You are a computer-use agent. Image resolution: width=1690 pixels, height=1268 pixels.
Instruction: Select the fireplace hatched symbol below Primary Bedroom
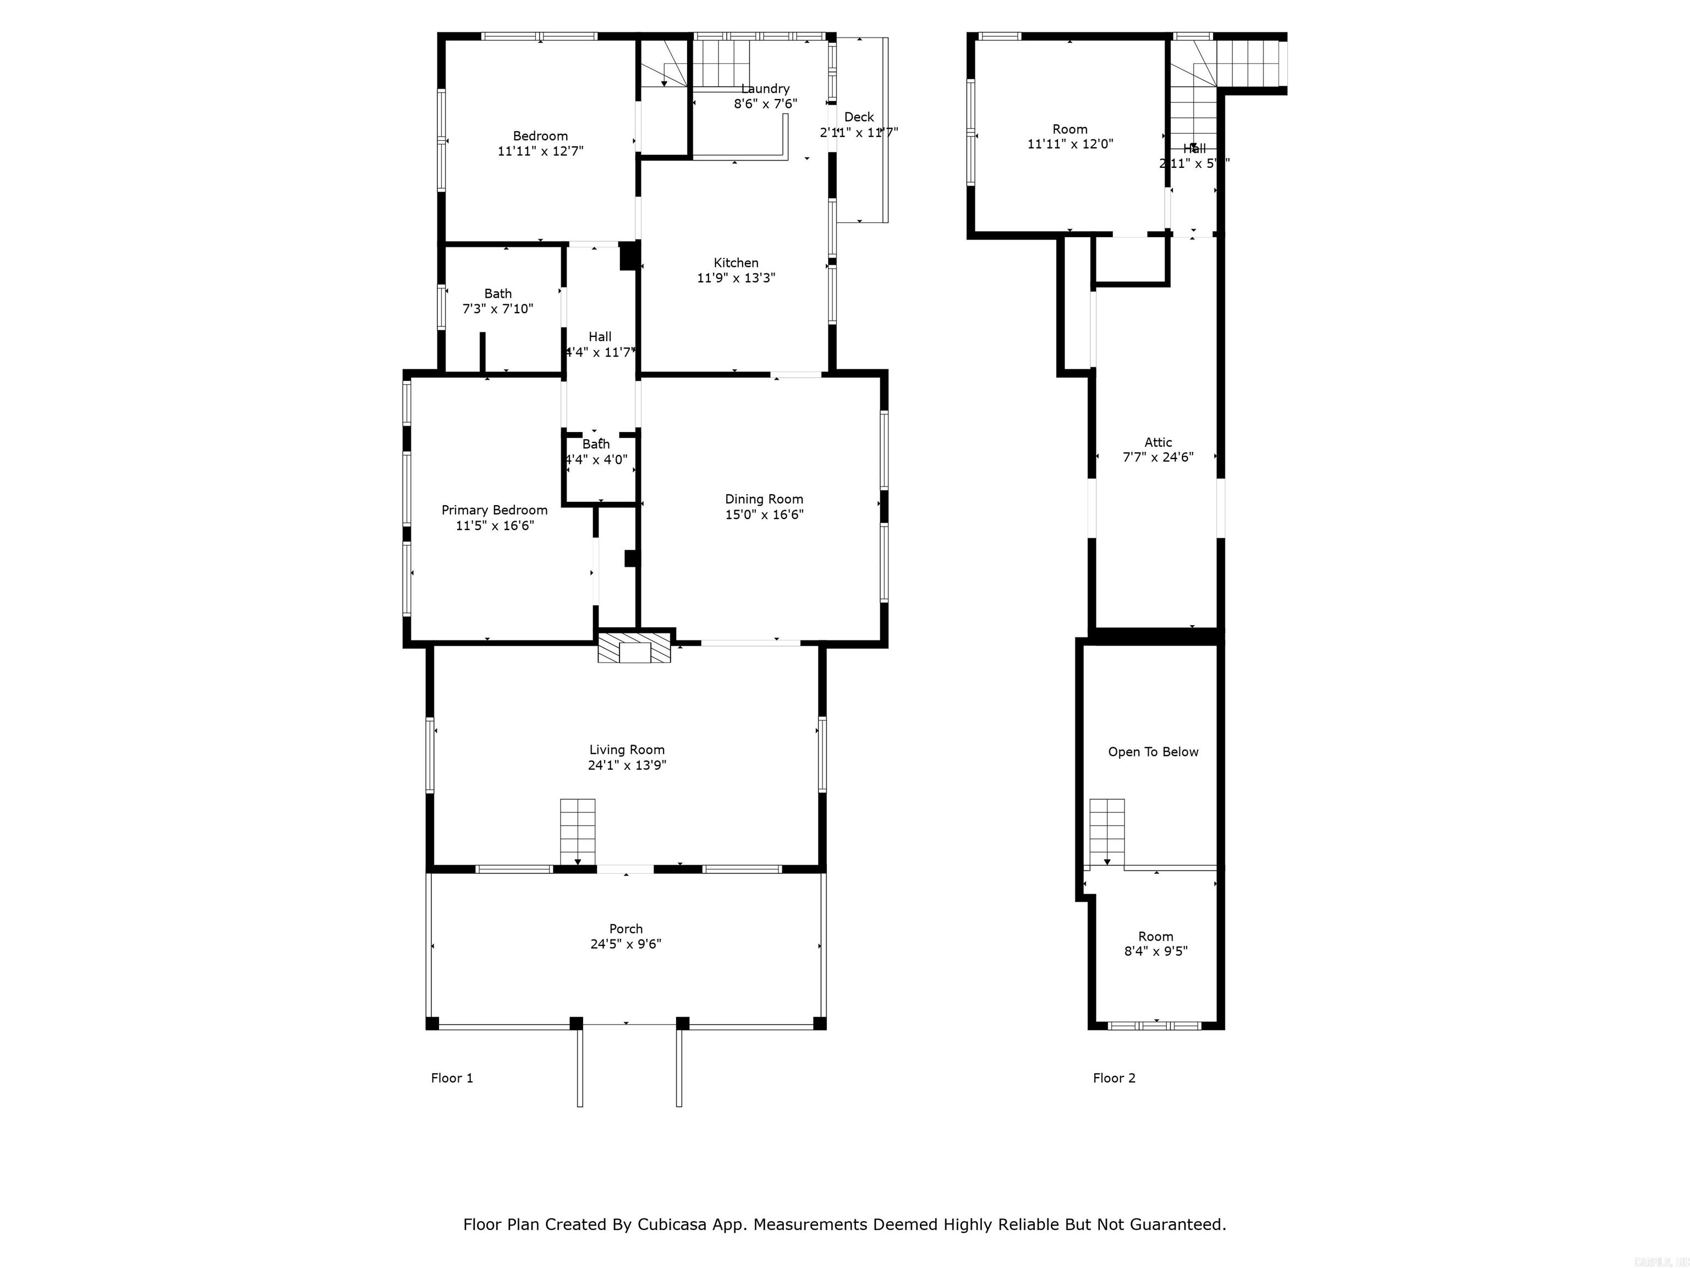(x=634, y=647)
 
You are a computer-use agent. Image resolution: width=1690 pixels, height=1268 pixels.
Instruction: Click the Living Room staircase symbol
(x=578, y=832)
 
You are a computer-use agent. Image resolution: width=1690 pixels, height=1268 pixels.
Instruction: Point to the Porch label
(x=625, y=928)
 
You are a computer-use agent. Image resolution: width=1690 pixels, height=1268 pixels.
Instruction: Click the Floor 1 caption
(x=452, y=1078)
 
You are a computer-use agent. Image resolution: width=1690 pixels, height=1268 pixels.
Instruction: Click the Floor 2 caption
(x=1114, y=1078)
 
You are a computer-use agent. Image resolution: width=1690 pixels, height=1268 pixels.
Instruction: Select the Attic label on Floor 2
(x=1157, y=442)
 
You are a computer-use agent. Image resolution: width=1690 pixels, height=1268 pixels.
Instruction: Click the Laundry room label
(x=765, y=89)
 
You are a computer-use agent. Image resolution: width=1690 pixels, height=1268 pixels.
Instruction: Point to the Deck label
(x=859, y=117)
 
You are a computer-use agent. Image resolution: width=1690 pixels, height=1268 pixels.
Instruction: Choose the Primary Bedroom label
(x=495, y=510)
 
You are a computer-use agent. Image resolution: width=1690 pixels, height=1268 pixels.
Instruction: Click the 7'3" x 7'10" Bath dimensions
(x=497, y=309)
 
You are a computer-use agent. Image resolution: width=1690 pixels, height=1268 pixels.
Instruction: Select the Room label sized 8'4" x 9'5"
(x=1155, y=936)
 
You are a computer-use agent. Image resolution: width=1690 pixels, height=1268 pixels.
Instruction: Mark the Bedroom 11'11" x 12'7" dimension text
(x=540, y=151)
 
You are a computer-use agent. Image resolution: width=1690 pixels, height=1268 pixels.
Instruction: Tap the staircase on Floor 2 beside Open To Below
(x=1106, y=832)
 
